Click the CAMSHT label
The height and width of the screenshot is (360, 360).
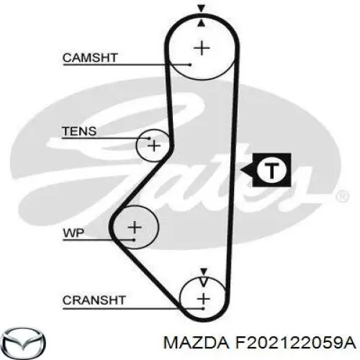[90, 58]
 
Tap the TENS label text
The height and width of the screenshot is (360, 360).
[79, 131]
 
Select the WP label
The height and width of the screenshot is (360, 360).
[73, 233]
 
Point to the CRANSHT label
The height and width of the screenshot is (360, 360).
[94, 300]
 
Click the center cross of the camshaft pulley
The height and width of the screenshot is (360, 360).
[202, 48]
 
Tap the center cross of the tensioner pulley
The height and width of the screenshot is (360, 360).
[154, 145]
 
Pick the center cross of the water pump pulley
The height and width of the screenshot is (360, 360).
[135, 227]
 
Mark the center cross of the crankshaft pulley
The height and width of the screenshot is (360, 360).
[204, 299]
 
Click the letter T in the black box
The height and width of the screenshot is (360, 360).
[271, 170]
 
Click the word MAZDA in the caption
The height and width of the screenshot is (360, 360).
[196, 343]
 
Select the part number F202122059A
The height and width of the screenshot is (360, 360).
[295, 343]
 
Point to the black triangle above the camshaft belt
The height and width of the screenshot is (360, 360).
[201, 9]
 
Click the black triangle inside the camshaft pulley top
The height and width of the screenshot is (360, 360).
[202, 22]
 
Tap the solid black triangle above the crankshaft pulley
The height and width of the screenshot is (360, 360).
[204, 271]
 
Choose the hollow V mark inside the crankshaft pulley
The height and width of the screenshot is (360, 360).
[203, 282]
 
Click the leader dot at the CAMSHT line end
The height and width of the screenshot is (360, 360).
[190, 65]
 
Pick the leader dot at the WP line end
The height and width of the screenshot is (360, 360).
[134, 240]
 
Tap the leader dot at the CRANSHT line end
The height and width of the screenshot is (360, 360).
[203, 308]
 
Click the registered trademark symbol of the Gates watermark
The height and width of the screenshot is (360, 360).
[341, 197]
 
